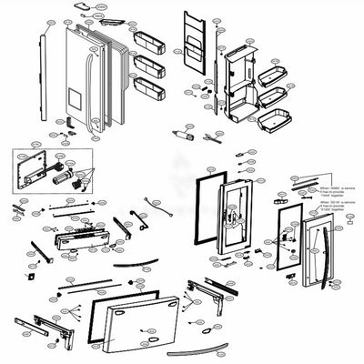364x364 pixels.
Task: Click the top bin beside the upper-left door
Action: pos(147,39)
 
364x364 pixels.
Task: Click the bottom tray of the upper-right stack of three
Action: pos(274,116)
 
